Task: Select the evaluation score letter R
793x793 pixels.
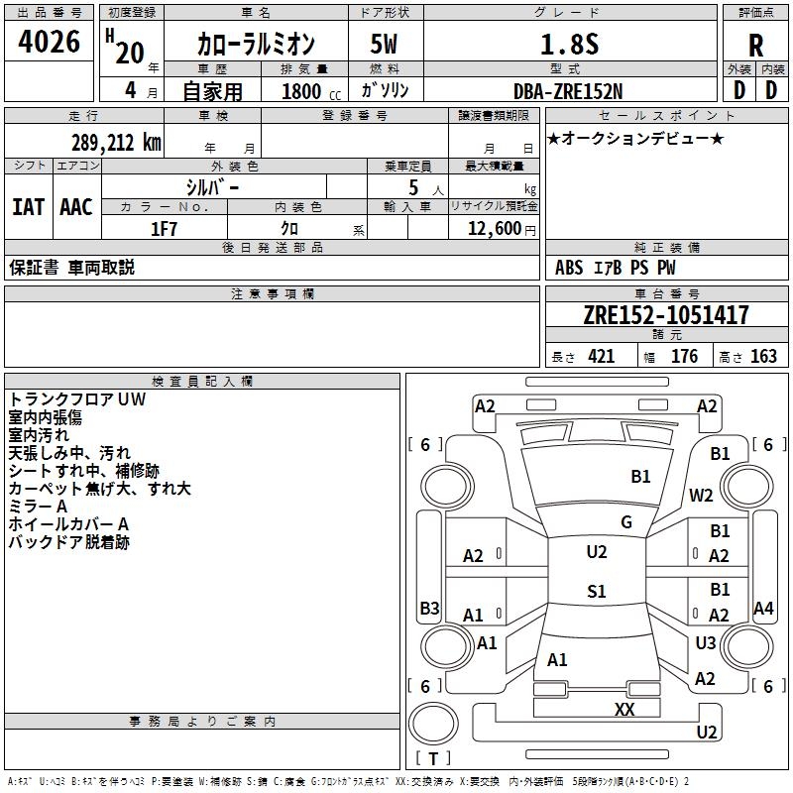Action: (x=755, y=46)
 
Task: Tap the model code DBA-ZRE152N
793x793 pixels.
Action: (x=569, y=90)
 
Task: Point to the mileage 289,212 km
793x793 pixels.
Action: (x=116, y=142)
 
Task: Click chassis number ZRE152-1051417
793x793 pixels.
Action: (x=666, y=315)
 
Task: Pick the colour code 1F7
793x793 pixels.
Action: (x=164, y=228)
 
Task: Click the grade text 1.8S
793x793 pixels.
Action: (x=569, y=44)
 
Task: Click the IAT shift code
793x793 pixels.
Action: (x=28, y=206)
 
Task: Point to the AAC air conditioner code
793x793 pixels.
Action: (x=76, y=206)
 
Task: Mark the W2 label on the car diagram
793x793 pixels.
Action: (x=702, y=496)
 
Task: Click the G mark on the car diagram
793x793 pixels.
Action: (x=626, y=522)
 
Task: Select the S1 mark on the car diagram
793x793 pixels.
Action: (x=596, y=592)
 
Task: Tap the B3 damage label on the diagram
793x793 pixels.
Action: (x=429, y=608)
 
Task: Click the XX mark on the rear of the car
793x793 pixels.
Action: (x=624, y=709)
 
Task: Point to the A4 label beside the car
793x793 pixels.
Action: (x=763, y=608)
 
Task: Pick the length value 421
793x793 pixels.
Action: (x=601, y=357)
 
